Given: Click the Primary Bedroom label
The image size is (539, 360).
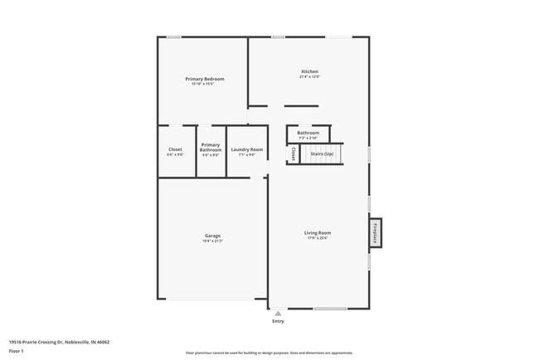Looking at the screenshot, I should pos(205,79).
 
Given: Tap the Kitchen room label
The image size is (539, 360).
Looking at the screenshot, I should pos(309,71).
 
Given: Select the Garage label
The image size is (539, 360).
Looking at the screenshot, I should pos(212,236).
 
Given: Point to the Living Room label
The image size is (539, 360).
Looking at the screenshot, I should pos(318,232).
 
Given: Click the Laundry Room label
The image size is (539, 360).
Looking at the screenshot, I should pos(247,149).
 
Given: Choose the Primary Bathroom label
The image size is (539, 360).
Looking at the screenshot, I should pos(211,147).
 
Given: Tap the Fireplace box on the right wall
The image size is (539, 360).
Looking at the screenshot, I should pos(376,232).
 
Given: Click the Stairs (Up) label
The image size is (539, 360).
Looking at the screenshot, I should pos(322,153).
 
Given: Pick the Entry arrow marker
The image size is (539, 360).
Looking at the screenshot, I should pos(278,314).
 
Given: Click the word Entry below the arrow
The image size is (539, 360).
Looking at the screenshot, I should pos(278,321).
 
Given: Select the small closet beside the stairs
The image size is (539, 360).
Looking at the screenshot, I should pos(294,153).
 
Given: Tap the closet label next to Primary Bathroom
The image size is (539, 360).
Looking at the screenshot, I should pos(175,149).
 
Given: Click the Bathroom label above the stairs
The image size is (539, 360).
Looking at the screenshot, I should pos(308,133).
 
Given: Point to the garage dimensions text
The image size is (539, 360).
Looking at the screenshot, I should pos(212,241).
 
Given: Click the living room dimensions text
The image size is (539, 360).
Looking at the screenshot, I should pos(318,238).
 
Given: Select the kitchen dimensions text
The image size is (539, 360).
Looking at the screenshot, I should pos(309,77).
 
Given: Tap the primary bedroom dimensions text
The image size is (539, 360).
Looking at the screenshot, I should pos(203,84).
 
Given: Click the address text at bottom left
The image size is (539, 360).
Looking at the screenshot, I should pos(59,341).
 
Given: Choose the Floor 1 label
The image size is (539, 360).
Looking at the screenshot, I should pos(17,351).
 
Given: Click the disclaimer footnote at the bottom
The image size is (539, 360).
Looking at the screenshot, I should pos(269,353).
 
